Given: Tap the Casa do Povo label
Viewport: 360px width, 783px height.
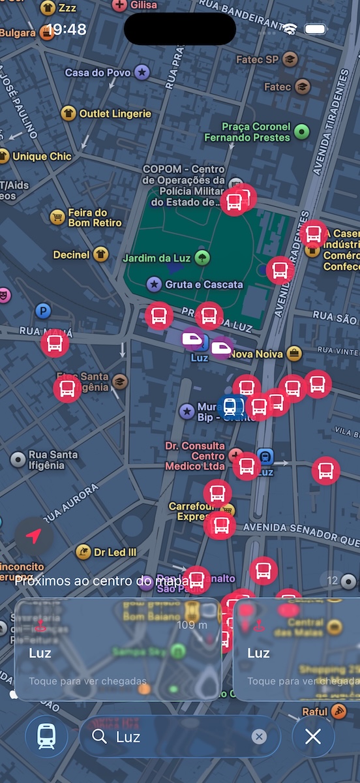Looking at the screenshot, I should [98, 72].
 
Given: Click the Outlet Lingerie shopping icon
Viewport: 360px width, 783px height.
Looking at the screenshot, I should [68, 114].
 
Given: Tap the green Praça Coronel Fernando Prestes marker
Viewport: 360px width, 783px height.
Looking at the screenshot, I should [301, 132].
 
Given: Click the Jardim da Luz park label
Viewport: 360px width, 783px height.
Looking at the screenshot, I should [157, 258].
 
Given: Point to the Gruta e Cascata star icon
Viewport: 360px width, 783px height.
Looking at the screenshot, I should [154, 284].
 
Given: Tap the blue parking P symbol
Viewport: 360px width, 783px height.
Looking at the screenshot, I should [43, 311].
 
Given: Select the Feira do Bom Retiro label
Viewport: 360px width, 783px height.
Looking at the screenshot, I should [95, 217].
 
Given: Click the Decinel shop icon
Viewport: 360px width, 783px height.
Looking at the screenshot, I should [100, 254].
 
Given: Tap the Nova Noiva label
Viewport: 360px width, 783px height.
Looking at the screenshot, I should [256, 354].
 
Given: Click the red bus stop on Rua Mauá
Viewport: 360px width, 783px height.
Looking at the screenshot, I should [55, 343].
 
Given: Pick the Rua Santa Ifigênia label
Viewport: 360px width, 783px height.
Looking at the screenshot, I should [53, 459].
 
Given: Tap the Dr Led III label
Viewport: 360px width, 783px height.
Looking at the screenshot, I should [115, 552].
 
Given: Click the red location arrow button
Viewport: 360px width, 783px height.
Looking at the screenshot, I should [34, 536].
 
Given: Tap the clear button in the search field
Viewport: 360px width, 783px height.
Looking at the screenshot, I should [260, 737].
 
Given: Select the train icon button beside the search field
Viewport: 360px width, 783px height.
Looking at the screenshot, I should [46, 737].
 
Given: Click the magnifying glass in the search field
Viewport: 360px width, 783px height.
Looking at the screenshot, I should [99, 737].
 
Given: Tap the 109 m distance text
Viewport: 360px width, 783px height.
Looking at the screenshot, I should [192, 625].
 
